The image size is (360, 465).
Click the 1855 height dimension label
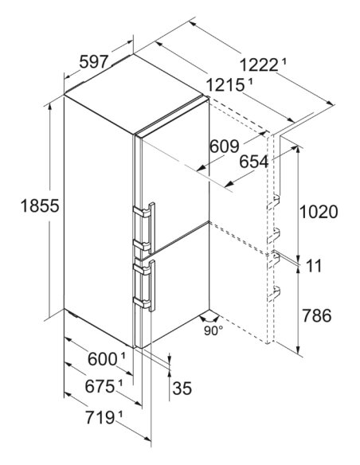point(40,205)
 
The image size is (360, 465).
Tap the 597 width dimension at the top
point(93,62)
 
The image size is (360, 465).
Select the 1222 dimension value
point(259,65)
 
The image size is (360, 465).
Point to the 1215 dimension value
point(225,85)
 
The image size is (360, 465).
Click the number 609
point(224,146)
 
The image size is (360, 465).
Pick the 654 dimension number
point(254,162)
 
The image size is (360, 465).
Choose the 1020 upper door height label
point(319,212)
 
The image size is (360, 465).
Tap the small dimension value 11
point(314,266)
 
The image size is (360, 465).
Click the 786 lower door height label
point(316,315)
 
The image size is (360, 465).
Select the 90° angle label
point(213,330)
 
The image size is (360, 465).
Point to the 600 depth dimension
point(102,359)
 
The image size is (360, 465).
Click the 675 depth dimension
point(100,386)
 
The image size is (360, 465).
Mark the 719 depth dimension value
point(100,417)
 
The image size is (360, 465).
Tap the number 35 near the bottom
point(182,388)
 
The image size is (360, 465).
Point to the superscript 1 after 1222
point(284,62)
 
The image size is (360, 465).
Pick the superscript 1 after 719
point(120,414)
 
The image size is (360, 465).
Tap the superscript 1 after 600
point(123,356)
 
